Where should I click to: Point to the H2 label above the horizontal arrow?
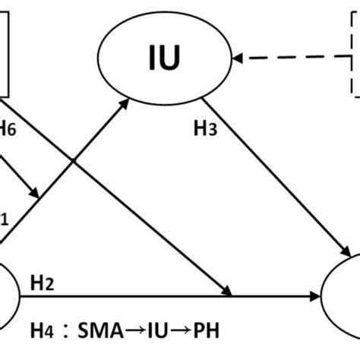click(42, 283)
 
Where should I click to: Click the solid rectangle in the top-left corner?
click(5, 49)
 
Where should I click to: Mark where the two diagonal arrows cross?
click(74, 160)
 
